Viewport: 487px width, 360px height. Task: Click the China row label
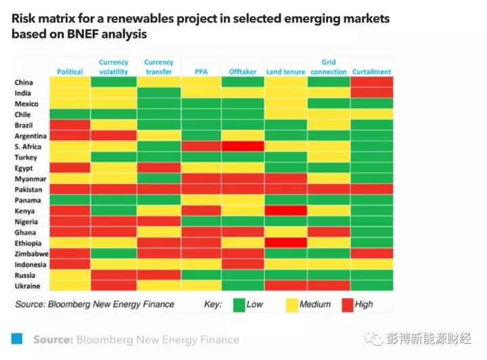[x=24, y=83]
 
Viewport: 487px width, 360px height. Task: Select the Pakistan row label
[x=28, y=190]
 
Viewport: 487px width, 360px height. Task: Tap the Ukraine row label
[x=27, y=286]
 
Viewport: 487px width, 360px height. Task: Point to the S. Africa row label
[x=28, y=147]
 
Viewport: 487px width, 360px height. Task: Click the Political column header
[x=70, y=72]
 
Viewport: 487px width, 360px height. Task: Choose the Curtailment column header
[x=371, y=72]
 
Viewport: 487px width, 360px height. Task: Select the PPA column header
[x=200, y=72]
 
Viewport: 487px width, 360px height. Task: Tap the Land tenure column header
[x=285, y=72]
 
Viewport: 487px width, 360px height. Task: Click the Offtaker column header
[x=242, y=72]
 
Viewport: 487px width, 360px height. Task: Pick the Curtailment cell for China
[x=371, y=83]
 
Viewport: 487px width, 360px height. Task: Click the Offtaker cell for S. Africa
[x=243, y=147]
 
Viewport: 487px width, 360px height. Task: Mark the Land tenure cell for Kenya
[x=285, y=211]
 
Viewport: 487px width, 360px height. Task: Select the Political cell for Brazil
[x=70, y=125]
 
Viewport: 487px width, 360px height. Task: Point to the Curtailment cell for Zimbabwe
[x=371, y=254]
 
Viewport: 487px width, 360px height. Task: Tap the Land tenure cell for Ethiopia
[x=285, y=243]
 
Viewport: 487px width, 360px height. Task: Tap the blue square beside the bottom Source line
[x=18, y=338]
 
